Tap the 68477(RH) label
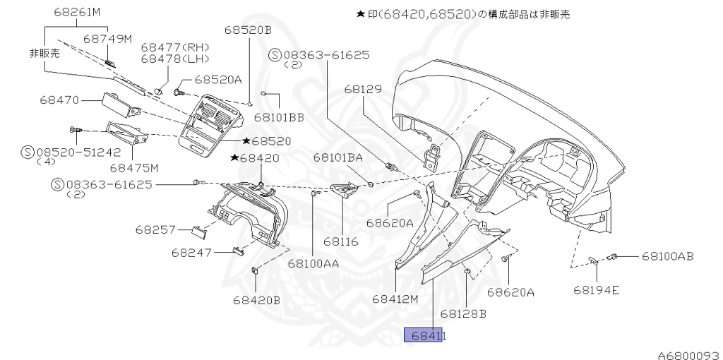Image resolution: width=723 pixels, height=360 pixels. pos(169,47)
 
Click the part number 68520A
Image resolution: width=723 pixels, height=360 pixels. pos(218,80)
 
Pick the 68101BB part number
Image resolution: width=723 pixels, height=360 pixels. pos(280,116)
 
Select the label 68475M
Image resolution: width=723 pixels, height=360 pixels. pos(134,168)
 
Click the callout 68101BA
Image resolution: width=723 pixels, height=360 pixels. pos(338,158)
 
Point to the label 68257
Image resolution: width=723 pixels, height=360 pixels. pos(155,230)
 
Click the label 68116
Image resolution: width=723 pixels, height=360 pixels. pos(341,241)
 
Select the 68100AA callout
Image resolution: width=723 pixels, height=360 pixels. pos(313,263)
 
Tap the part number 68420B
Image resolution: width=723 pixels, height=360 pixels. pos(257,299)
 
